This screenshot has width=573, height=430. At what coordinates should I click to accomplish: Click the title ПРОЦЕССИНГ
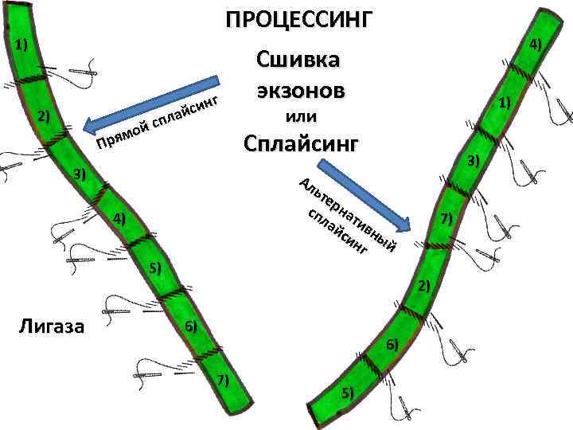(298, 19)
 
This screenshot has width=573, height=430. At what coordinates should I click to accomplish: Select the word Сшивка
(298, 59)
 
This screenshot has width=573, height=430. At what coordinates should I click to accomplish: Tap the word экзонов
(300, 88)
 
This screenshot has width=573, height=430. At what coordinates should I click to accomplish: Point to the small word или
(301, 116)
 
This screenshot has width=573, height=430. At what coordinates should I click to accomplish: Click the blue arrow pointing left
(151, 103)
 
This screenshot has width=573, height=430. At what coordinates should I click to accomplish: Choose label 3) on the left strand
(80, 174)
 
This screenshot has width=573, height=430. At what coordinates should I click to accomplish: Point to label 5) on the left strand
(154, 267)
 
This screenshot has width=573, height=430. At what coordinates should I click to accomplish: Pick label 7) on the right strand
(446, 217)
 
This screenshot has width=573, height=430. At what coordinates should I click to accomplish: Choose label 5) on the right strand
(348, 391)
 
